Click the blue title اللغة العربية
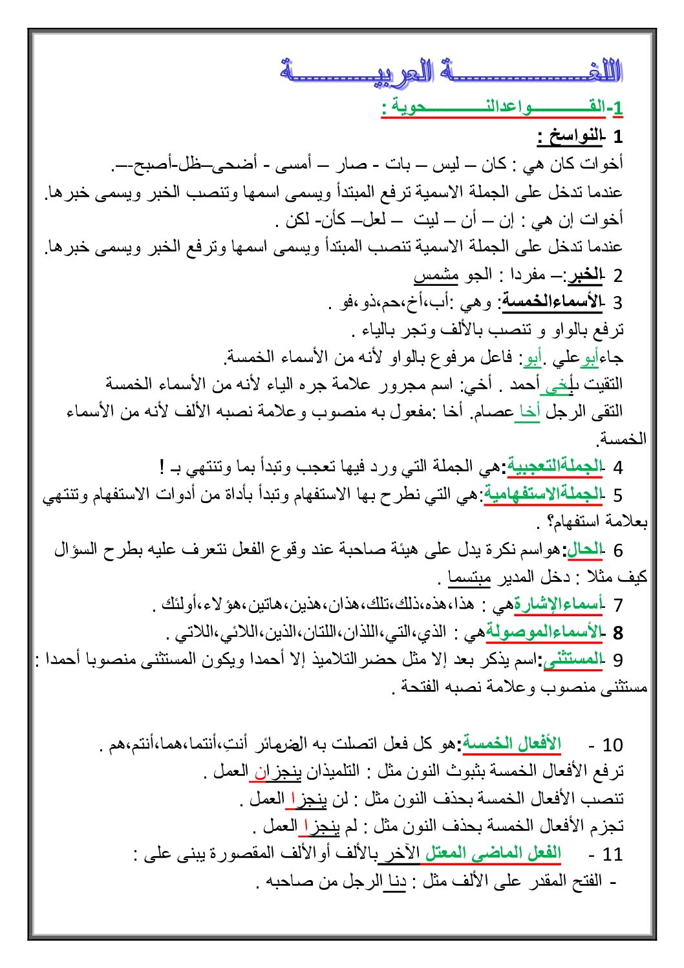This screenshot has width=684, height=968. point(451,70)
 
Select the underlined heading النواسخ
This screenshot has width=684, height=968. point(569,136)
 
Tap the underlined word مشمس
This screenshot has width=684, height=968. point(436,275)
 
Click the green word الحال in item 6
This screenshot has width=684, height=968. point(584,549)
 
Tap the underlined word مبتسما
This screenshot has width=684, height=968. point(469,577)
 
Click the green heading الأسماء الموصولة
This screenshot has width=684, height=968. point(544,632)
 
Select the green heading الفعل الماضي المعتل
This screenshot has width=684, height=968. point(493,853)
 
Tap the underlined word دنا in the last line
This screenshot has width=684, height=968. point(395,881)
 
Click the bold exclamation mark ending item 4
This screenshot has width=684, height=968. point(162,466)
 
